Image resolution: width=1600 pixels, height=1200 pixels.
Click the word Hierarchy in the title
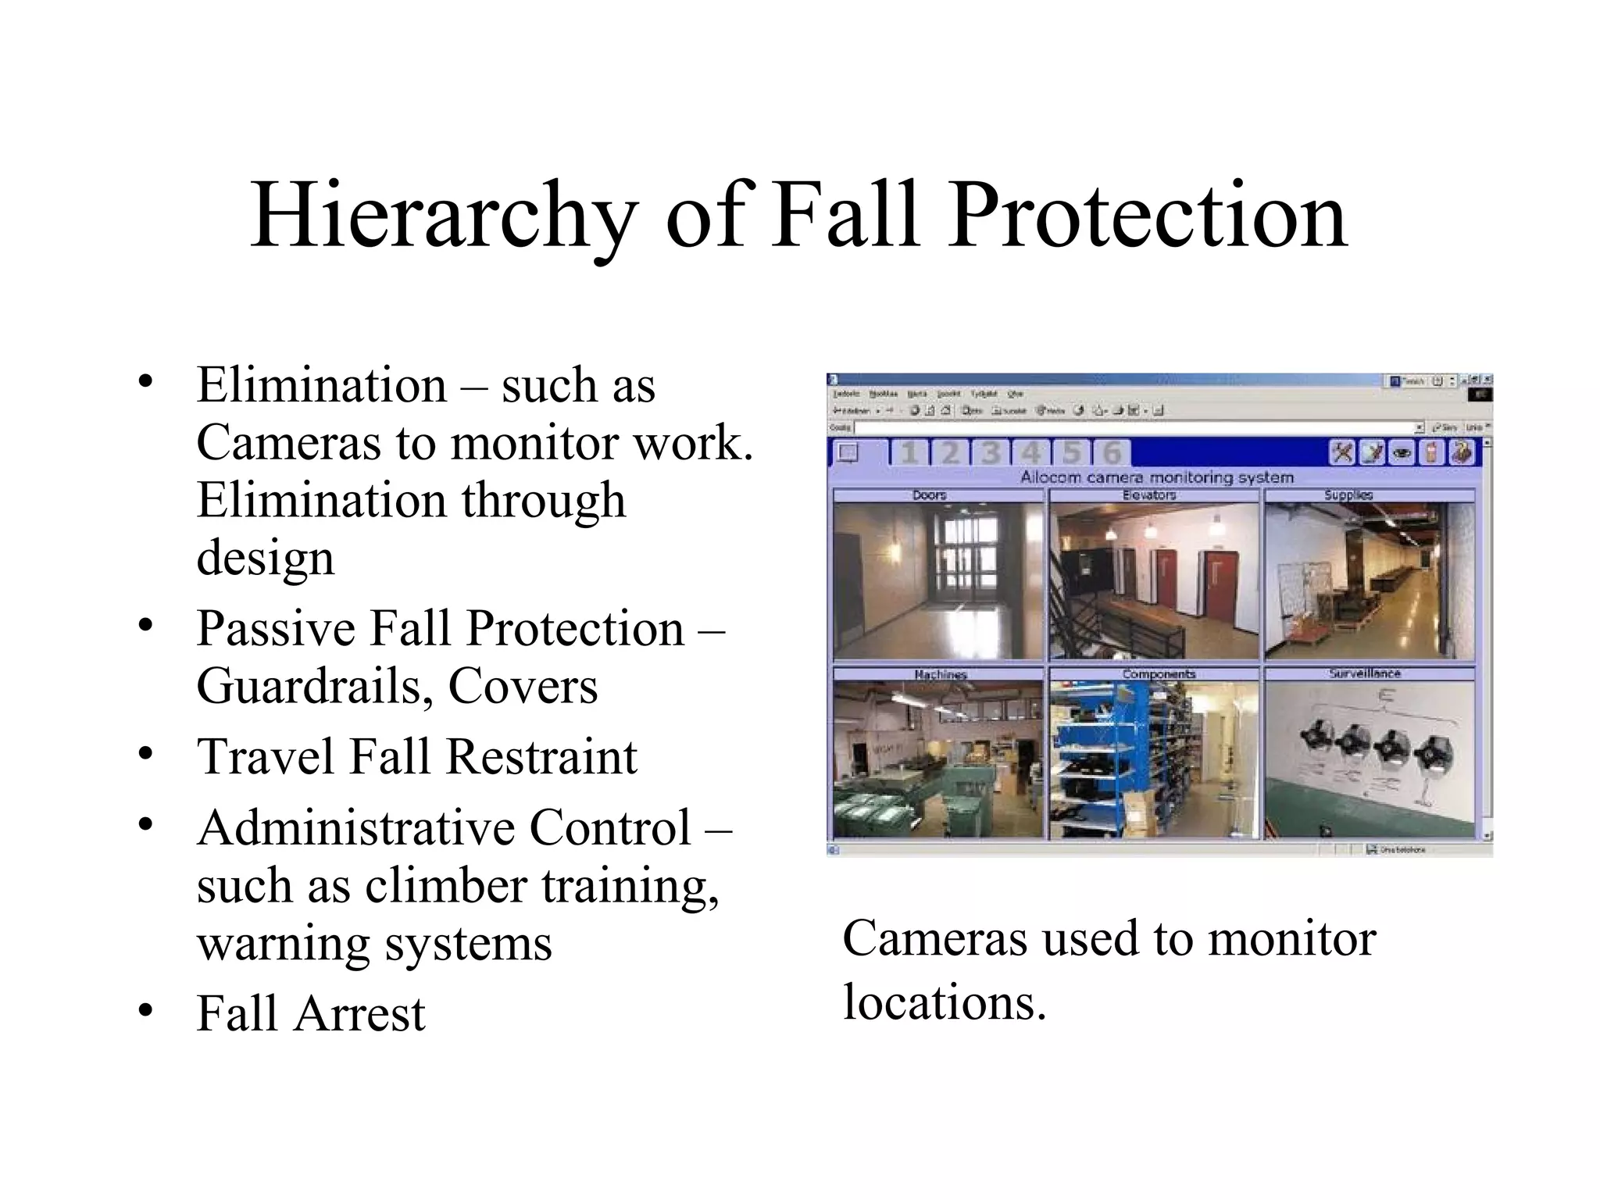point(443,216)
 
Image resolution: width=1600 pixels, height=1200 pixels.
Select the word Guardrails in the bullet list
point(314,686)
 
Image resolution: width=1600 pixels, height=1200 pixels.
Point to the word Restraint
point(541,756)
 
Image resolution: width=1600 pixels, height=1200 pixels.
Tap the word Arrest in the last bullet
point(360,1014)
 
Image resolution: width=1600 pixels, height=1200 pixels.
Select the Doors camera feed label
point(930,495)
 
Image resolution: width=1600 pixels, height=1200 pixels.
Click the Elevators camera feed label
point(1149,495)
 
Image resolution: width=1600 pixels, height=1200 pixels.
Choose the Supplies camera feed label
point(1348,495)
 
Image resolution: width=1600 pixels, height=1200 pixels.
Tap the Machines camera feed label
point(941,674)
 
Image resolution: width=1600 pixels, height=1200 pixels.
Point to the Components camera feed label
point(1159,674)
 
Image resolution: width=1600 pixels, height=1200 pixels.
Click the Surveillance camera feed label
point(1365,673)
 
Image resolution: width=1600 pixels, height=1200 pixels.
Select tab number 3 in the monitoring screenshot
point(991,453)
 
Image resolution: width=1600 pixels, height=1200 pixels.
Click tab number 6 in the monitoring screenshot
point(1111,453)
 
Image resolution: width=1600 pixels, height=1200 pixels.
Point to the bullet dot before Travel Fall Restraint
point(145,754)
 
